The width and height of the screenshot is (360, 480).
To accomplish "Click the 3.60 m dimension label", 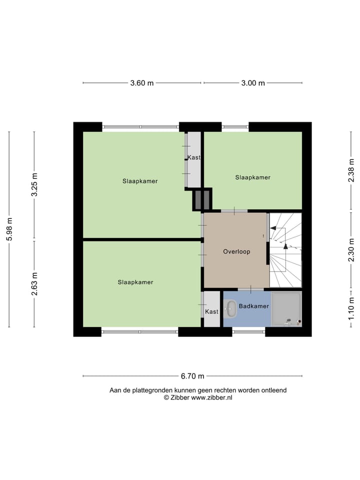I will (142, 83).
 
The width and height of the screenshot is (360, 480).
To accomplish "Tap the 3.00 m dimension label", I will (253, 83).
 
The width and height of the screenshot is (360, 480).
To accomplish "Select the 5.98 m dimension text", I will (9, 229).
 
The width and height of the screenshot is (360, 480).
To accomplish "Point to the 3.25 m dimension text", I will (34, 185).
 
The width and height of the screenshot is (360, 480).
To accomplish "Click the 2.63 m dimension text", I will (34, 283).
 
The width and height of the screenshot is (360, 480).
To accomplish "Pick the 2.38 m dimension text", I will (351, 170).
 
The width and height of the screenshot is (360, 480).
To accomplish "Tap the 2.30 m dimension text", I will (351, 249).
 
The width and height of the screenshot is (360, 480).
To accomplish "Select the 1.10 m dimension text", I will (351, 309).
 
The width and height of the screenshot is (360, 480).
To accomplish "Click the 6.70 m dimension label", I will (192, 376).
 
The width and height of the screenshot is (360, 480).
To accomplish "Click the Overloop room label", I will (236, 251).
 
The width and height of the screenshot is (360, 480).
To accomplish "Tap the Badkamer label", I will (254, 306).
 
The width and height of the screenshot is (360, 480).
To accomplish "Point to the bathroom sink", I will (230, 308).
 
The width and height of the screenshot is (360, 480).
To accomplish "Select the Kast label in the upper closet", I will (194, 157).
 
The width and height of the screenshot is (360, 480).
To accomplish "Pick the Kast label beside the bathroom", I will (211, 311).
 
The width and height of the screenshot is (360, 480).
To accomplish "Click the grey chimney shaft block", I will (202, 200).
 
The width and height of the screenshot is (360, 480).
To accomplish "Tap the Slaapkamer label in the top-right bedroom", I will (253, 177).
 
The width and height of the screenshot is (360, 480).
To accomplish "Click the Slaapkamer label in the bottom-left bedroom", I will (135, 282).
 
